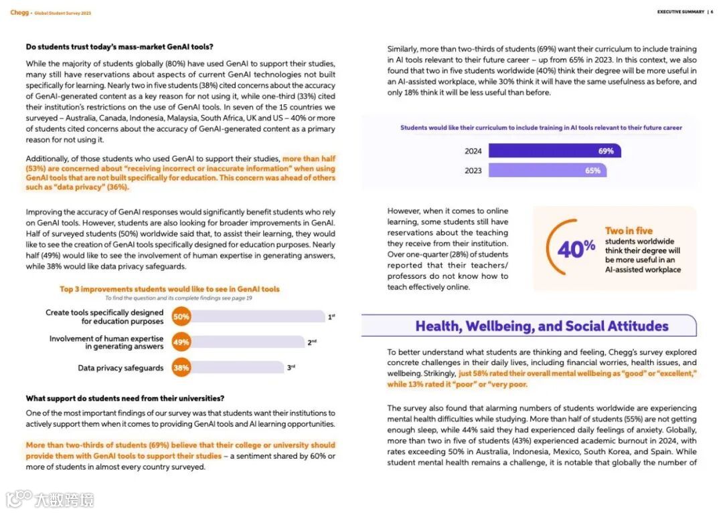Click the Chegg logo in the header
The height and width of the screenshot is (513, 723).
coord(19,12)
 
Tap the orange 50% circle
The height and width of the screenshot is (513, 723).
coord(181,316)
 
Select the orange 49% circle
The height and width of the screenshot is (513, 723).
coord(181,342)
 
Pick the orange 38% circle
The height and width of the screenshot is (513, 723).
coord(181,368)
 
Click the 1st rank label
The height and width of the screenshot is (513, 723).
coord(331,317)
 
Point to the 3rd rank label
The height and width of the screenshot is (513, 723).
coord(291,367)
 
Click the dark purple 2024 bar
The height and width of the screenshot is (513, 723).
coord(554,151)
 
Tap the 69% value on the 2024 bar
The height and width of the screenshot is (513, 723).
coord(606,151)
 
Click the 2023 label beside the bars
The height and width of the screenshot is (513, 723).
coord(473,171)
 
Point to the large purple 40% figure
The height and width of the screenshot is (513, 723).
coord(576,249)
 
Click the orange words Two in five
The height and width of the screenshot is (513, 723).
coord(629,231)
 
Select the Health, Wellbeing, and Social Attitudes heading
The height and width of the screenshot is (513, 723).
coord(542,326)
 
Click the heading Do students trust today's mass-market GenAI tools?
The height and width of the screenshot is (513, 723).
coord(120,47)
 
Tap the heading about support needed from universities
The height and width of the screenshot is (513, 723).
coord(125,399)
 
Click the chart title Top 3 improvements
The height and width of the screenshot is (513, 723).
coord(169,289)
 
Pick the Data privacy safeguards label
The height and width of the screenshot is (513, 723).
coord(120,368)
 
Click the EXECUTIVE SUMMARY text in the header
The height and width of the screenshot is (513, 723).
coord(680,12)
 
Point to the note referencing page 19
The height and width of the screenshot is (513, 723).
coord(179,298)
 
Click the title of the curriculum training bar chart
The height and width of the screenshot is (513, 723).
coord(541,128)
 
